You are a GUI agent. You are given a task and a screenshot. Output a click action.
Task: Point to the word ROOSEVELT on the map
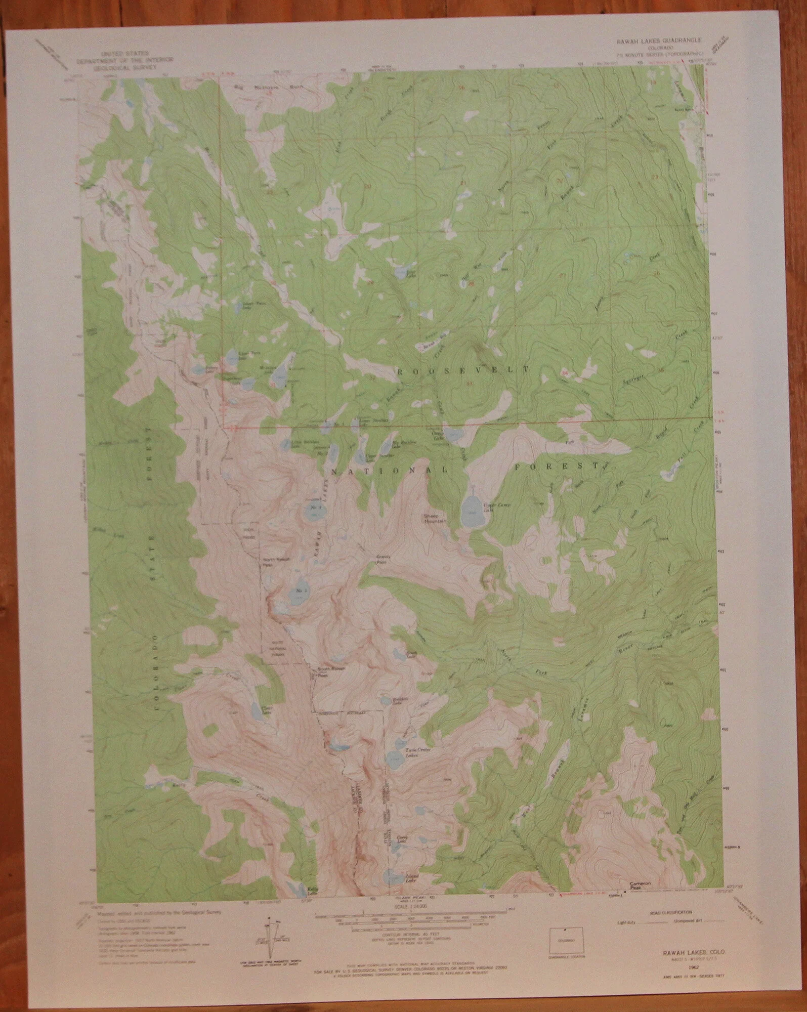463,370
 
